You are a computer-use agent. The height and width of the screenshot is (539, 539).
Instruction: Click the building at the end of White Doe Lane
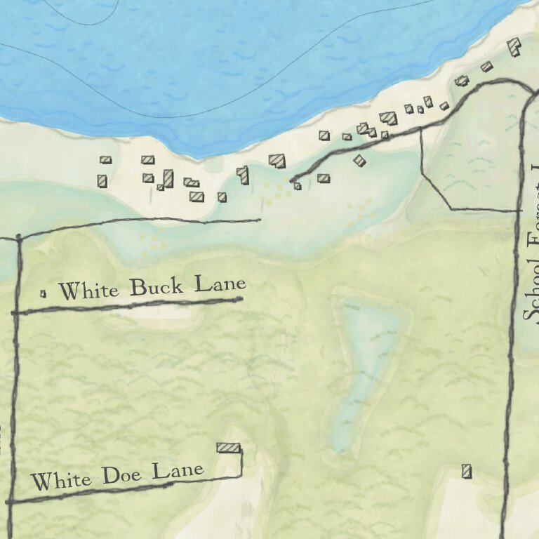pyautogui.click(x=228, y=447)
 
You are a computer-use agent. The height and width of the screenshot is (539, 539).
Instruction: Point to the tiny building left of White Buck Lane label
pyautogui.click(x=43, y=293)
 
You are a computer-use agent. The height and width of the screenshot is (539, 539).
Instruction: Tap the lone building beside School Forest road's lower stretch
pyautogui.click(x=467, y=471)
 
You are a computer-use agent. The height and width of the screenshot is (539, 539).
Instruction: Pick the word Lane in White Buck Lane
pyautogui.click(x=220, y=284)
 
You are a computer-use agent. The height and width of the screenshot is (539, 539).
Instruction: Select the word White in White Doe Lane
pyautogui.click(x=61, y=481)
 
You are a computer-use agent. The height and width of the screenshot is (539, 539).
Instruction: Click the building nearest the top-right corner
pyautogui.click(x=514, y=47)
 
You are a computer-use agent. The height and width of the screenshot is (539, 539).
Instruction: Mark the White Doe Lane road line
pyautogui.click(x=126, y=488)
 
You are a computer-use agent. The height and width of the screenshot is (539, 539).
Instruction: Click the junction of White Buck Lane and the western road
pyautogui.click(x=15, y=312)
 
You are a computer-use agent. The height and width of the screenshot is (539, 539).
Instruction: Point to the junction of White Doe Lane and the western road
pyautogui.click(x=11, y=501)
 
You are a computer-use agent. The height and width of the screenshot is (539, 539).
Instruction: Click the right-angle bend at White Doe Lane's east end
pyautogui.click(x=241, y=475)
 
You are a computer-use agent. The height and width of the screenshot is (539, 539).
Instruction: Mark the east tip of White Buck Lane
pyautogui.click(x=241, y=299)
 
